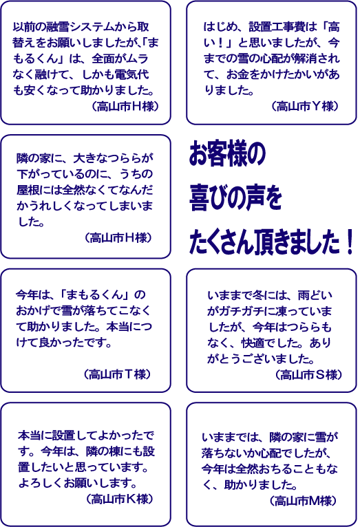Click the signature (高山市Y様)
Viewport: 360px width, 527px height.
304,106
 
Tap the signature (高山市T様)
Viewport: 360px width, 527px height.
117,374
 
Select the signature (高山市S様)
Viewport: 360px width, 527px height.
308,374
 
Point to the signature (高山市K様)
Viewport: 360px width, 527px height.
119,499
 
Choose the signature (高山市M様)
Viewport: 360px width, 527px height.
302,501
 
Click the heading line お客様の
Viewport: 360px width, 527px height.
227,153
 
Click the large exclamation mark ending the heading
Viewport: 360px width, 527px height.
349,241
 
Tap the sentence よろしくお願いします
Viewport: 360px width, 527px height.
78,483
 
